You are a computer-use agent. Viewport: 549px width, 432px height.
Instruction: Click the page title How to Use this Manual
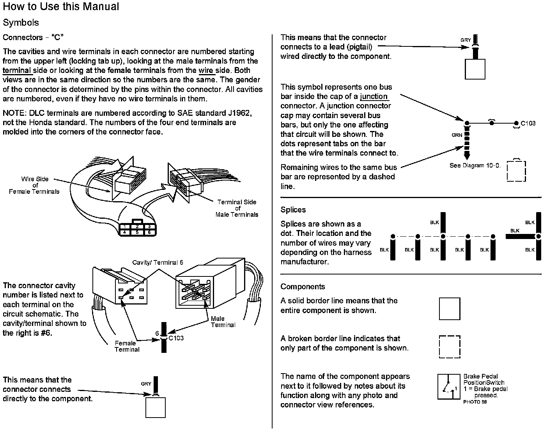click(x=61, y=7)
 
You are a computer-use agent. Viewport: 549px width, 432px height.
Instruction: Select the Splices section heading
click(x=293, y=210)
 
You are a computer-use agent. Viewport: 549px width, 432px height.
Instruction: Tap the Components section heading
click(x=303, y=287)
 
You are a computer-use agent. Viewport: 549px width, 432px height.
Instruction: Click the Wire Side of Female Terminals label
click(x=34, y=185)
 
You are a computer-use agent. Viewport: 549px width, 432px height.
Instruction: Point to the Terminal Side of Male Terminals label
click(x=237, y=208)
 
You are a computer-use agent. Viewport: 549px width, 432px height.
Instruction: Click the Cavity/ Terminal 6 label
click(x=158, y=262)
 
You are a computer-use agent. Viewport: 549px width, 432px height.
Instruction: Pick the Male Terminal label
click(x=223, y=322)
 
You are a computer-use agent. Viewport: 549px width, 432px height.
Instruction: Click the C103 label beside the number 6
click(x=176, y=338)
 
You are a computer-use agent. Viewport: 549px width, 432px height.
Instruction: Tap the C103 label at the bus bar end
click(x=528, y=123)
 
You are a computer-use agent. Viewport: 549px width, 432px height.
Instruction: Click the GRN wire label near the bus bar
click(x=457, y=135)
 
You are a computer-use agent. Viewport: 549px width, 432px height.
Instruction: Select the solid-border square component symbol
click(x=450, y=309)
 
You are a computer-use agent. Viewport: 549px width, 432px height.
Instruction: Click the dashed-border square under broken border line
click(x=450, y=347)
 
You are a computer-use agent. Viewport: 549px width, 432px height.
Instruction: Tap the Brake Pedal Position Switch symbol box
click(x=449, y=386)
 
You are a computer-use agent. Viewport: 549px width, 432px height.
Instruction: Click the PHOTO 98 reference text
click(x=475, y=402)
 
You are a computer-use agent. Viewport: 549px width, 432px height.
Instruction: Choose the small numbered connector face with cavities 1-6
click(x=137, y=229)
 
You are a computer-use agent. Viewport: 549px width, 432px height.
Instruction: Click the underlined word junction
click(x=374, y=97)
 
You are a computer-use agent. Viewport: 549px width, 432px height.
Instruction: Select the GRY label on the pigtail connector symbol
click(x=466, y=40)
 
